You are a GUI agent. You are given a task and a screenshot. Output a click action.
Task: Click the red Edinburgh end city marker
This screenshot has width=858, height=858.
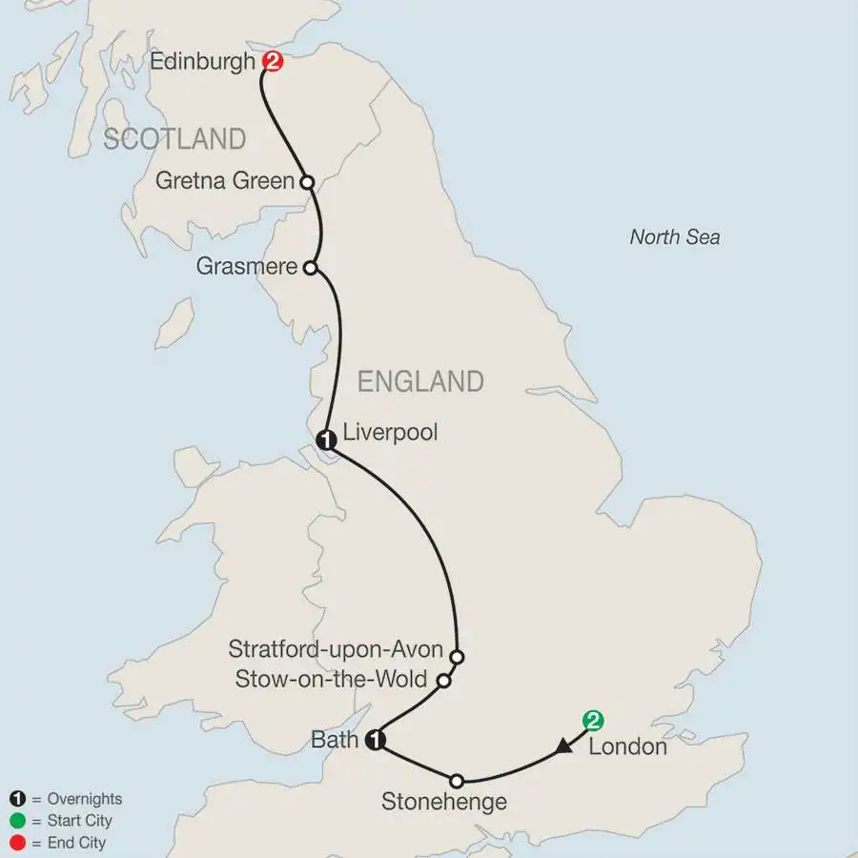point(274,62)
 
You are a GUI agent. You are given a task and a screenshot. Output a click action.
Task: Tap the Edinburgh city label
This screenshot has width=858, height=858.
point(202,63)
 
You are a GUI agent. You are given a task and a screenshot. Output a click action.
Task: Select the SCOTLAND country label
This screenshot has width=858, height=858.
point(174,139)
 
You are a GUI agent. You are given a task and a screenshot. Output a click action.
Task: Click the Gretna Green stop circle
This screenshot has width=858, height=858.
point(307,181)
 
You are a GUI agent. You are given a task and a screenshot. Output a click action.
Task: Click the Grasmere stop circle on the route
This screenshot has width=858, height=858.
point(309,268)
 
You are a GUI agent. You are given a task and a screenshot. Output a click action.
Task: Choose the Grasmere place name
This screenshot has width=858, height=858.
point(247,267)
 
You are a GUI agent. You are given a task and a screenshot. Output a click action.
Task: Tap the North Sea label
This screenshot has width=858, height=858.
point(675,237)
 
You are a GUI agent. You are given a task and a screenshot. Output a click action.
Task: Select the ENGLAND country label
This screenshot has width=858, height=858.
point(419,382)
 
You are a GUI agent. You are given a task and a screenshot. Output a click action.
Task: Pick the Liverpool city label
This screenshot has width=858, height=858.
point(391,433)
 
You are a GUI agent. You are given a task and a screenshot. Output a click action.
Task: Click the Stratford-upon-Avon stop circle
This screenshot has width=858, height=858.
point(457,657)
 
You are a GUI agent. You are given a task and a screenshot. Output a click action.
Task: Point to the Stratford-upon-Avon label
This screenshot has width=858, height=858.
point(336,651)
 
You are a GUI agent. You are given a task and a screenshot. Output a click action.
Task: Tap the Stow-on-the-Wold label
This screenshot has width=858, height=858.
point(331,681)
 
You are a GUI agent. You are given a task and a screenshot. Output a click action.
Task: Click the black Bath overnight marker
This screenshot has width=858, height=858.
point(377,740)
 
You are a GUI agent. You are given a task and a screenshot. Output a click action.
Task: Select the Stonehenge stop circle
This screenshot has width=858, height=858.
point(457,779)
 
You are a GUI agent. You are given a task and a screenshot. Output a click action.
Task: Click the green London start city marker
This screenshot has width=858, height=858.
point(594,720)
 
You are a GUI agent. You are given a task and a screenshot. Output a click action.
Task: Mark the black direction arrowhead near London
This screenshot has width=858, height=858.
point(564,747)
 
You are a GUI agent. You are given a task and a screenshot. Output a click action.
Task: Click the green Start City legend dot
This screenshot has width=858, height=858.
point(16,821)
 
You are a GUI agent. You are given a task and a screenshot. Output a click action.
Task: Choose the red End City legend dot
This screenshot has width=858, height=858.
point(16,843)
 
